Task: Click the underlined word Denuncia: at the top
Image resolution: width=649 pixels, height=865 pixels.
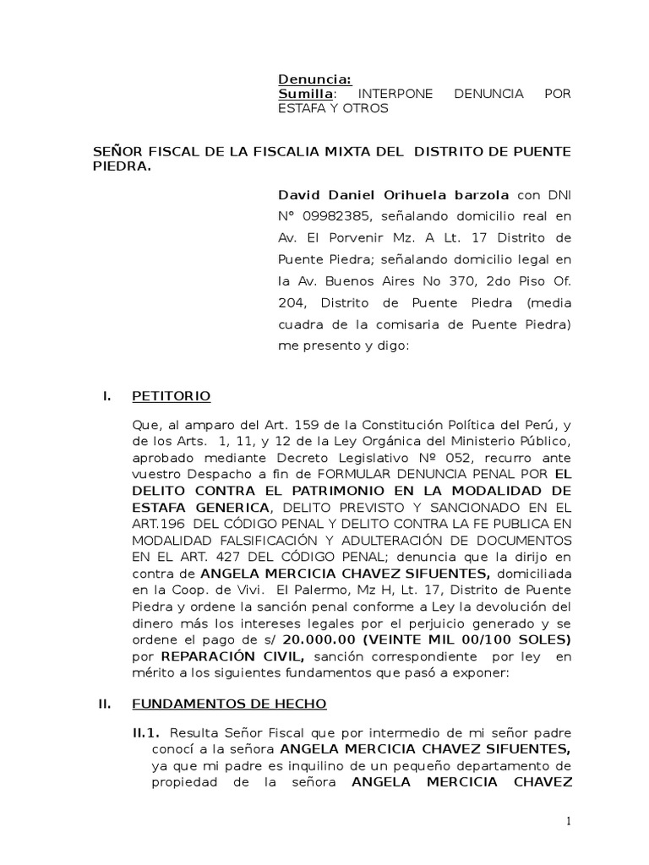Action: tap(310, 79)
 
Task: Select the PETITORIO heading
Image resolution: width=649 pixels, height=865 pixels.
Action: tap(172, 395)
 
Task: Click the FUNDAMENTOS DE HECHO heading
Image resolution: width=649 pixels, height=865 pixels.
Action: tap(229, 704)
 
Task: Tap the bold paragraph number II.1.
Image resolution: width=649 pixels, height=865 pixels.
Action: tap(146, 731)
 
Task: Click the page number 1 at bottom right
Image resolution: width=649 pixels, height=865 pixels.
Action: tap(570, 821)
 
